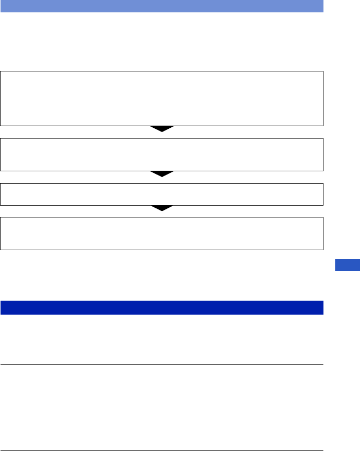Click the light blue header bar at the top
[x=162, y=6]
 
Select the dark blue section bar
[x=162, y=308]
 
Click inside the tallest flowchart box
[x=162, y=98]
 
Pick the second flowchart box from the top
[x=162, y=155]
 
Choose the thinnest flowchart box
[x=162, y=194]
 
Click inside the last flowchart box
[x=162, y=234]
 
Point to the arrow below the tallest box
[x=162, y=129]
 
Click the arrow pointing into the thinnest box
[x=162, y=174]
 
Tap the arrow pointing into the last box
[x=162, y=208]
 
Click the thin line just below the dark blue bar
[x=162, y=365]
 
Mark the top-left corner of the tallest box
[x=1, y=71]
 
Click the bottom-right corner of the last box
[x=323, y=250]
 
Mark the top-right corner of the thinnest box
[x=323, y=184]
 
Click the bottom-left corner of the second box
[x=1, y=171]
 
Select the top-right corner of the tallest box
[x=323, y=71]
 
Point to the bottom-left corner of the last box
[x=1, y=250]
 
